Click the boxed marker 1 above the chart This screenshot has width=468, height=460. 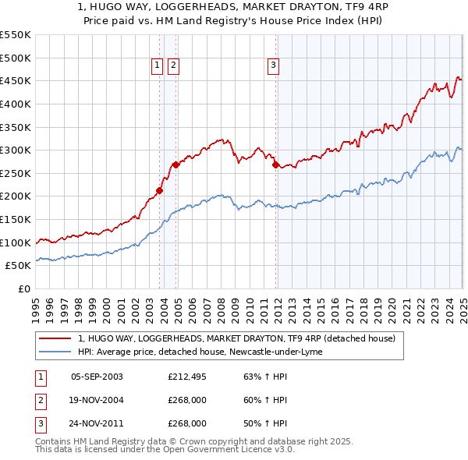click(157, 66)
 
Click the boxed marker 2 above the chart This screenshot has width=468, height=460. click(172, 66)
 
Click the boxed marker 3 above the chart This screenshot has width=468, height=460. click(274, 66)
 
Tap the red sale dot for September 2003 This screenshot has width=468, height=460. click(159, 190)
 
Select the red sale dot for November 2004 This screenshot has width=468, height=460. click(176, 165)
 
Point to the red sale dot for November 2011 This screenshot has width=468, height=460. click(275, 165)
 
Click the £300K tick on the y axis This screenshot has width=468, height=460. click(16, 150)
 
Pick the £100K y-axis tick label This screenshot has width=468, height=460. click(16, 242)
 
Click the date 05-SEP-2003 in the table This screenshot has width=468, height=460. click(97, 377)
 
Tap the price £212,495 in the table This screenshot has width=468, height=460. click(187, 377)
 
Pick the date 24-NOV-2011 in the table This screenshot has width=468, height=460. click(97, 423)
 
